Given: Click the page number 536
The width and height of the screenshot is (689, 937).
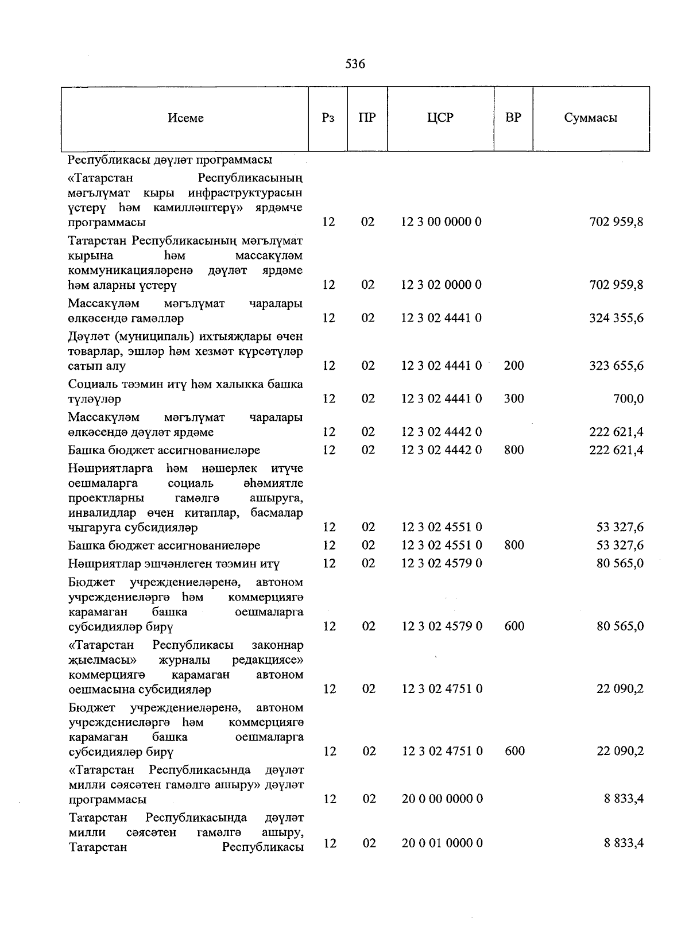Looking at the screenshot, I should (355, 64).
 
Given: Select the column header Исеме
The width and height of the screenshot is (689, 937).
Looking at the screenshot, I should (185, 118).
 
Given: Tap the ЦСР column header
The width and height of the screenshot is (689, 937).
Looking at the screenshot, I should (440, 118).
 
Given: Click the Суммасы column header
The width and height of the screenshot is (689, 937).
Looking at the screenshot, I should (590, 118).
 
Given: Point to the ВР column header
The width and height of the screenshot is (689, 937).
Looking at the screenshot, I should (513, 118).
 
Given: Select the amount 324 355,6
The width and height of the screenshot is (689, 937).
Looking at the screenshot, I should (616, 318).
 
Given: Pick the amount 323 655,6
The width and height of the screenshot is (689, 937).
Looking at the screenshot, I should (616, 366).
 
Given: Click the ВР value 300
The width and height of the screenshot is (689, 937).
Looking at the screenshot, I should (514, 398).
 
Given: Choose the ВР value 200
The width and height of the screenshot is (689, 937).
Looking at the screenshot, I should (514, 366).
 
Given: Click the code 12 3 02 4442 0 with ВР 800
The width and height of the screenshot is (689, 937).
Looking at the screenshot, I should (441, 450).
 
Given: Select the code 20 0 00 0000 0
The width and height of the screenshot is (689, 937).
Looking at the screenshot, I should (442, 799).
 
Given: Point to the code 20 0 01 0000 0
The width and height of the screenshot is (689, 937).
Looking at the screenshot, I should (442, 843).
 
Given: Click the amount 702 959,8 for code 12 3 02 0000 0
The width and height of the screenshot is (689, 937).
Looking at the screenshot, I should (616, 285).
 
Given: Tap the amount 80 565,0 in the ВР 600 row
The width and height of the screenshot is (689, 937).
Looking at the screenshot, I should (620, 626).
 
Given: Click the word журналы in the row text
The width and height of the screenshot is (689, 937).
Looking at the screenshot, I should (184, 660).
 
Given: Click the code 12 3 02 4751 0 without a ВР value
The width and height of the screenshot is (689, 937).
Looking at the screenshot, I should (442, 688).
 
